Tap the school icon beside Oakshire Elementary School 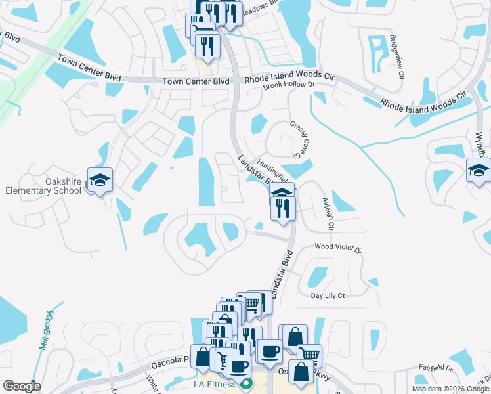[100, 180]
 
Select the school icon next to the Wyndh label [479, 171]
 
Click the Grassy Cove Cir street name [299, 138]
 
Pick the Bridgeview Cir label [396, 55]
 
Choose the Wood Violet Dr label [338, 248]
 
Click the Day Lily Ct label [328, 296]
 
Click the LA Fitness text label [214, 383]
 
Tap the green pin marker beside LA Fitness [246, 383]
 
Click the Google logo [22, 386]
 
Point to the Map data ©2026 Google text [450, 389]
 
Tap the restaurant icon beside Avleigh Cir [284, 208]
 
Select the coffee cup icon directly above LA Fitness [238, 366]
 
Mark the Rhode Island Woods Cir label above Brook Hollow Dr [289, 77]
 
